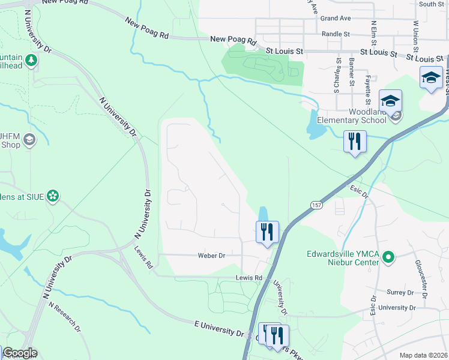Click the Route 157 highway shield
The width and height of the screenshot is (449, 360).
coord(316,205)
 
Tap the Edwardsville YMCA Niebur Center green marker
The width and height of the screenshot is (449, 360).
coord(388,257)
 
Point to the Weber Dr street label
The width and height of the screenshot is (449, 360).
coord(211,256)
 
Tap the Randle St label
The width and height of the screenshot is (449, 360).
coord(336,34)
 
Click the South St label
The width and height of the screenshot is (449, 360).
coord(431,4)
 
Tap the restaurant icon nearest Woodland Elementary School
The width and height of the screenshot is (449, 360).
coord(355,142)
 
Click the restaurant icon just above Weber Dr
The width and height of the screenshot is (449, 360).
coord(267,231)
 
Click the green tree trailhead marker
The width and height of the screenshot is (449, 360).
coord(31,60)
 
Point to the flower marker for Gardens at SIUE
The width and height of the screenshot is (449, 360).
coord(53,195)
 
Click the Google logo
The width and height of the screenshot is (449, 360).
coord(19,353)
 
